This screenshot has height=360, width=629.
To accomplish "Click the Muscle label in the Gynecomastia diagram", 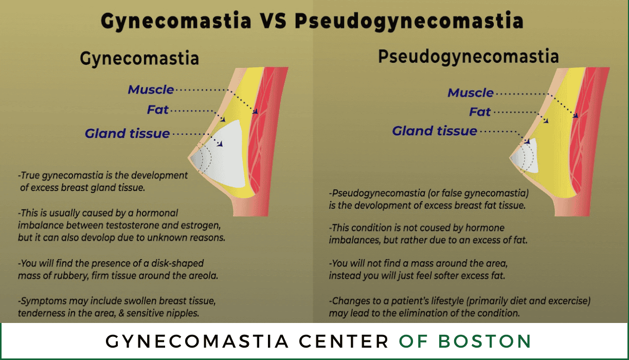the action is click(151, 89).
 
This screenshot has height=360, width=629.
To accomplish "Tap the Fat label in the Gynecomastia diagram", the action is click(158, 110).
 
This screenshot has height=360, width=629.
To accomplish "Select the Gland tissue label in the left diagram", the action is click(127, 133).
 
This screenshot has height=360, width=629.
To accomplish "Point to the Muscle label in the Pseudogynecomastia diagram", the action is click(471, 93).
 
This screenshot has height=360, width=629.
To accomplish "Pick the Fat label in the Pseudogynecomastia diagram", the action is click(480, 112).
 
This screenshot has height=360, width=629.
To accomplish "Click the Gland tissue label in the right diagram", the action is click(435, 131).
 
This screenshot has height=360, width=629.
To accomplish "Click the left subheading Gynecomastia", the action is click(139, 59).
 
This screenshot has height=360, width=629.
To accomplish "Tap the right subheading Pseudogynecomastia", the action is click(469, 57).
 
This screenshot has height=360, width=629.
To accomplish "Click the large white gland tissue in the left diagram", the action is click(225, 157).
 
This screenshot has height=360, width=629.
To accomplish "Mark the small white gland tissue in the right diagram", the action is click(526, 156).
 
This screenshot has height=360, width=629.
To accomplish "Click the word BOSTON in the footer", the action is click(484, 341).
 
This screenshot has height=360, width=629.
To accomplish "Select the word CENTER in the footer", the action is click(344, 341).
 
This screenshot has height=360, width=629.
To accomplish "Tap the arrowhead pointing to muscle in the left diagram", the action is click(255, 112).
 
